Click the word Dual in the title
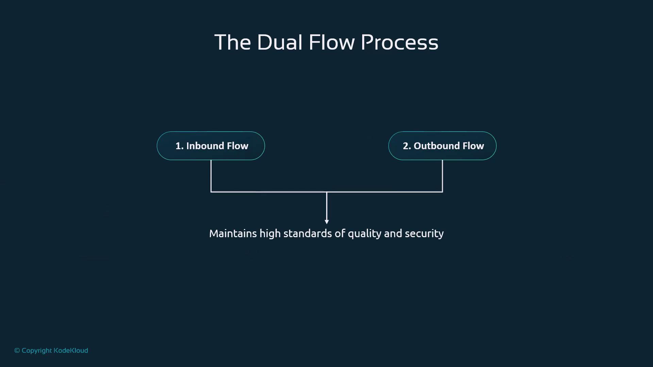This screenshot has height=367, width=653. click(280, 42)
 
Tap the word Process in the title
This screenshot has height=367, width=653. click(399, 42)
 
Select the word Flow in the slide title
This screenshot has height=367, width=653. click(332, 42)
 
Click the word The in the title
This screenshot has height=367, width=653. click(233, 42)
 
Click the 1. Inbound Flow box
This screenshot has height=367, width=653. click(211, 146)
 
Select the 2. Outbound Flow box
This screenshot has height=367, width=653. click(442, 146)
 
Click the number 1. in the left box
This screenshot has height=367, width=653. click(179, 146)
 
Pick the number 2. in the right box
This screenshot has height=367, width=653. click(407, 146)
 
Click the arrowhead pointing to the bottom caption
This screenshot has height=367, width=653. click(326, 222)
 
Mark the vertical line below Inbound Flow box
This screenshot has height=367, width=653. click(211, 176)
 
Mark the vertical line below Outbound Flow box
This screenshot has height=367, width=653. click(442, 176)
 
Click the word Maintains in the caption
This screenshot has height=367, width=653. click(233, 233)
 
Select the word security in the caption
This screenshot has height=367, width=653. click(424, 234)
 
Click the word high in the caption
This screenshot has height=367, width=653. click(270, 234)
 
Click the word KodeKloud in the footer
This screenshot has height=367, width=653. click(71, 350)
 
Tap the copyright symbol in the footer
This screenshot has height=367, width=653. click(17, 351)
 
